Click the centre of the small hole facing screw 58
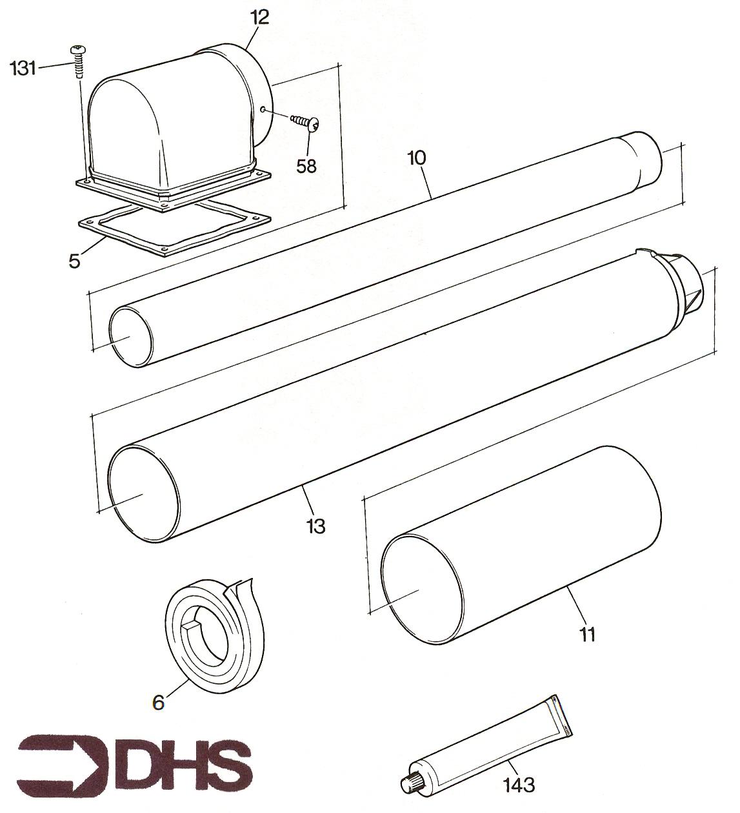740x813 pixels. (x=263, y=109)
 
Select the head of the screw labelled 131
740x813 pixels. (x=77, y=50)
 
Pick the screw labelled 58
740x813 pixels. (x=305, y=121)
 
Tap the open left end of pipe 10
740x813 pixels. (x=131, y=336)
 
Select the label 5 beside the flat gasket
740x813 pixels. (x=75, y=261)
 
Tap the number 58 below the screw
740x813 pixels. (x=306, y=165)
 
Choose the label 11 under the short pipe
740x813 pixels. (x=587, y=634)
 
